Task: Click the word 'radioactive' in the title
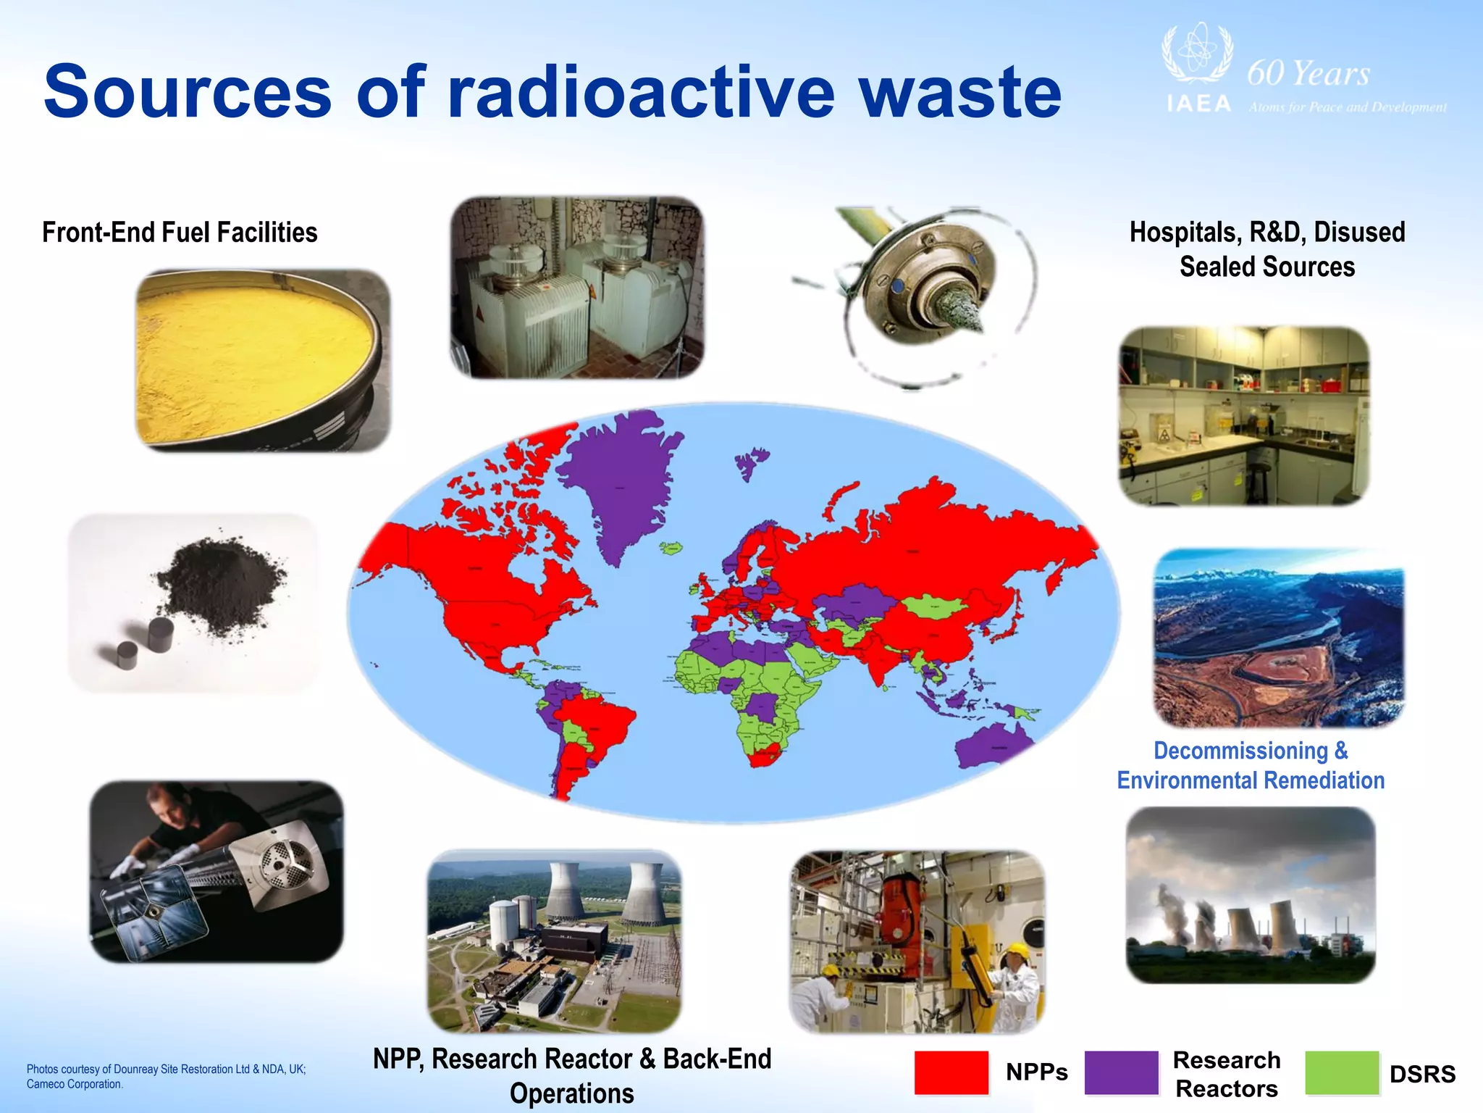641,93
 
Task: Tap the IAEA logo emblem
1196,54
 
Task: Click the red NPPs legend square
951,1072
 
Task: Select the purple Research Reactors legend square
1121,1072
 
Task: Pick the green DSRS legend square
1342,1072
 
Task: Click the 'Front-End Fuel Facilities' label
180,233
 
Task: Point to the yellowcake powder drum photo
262,360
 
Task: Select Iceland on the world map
671,548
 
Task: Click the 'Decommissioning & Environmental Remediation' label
1251,765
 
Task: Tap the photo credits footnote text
166,1076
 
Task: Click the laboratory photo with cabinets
1243,416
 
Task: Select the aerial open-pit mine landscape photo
1278,638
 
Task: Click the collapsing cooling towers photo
1250,895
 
